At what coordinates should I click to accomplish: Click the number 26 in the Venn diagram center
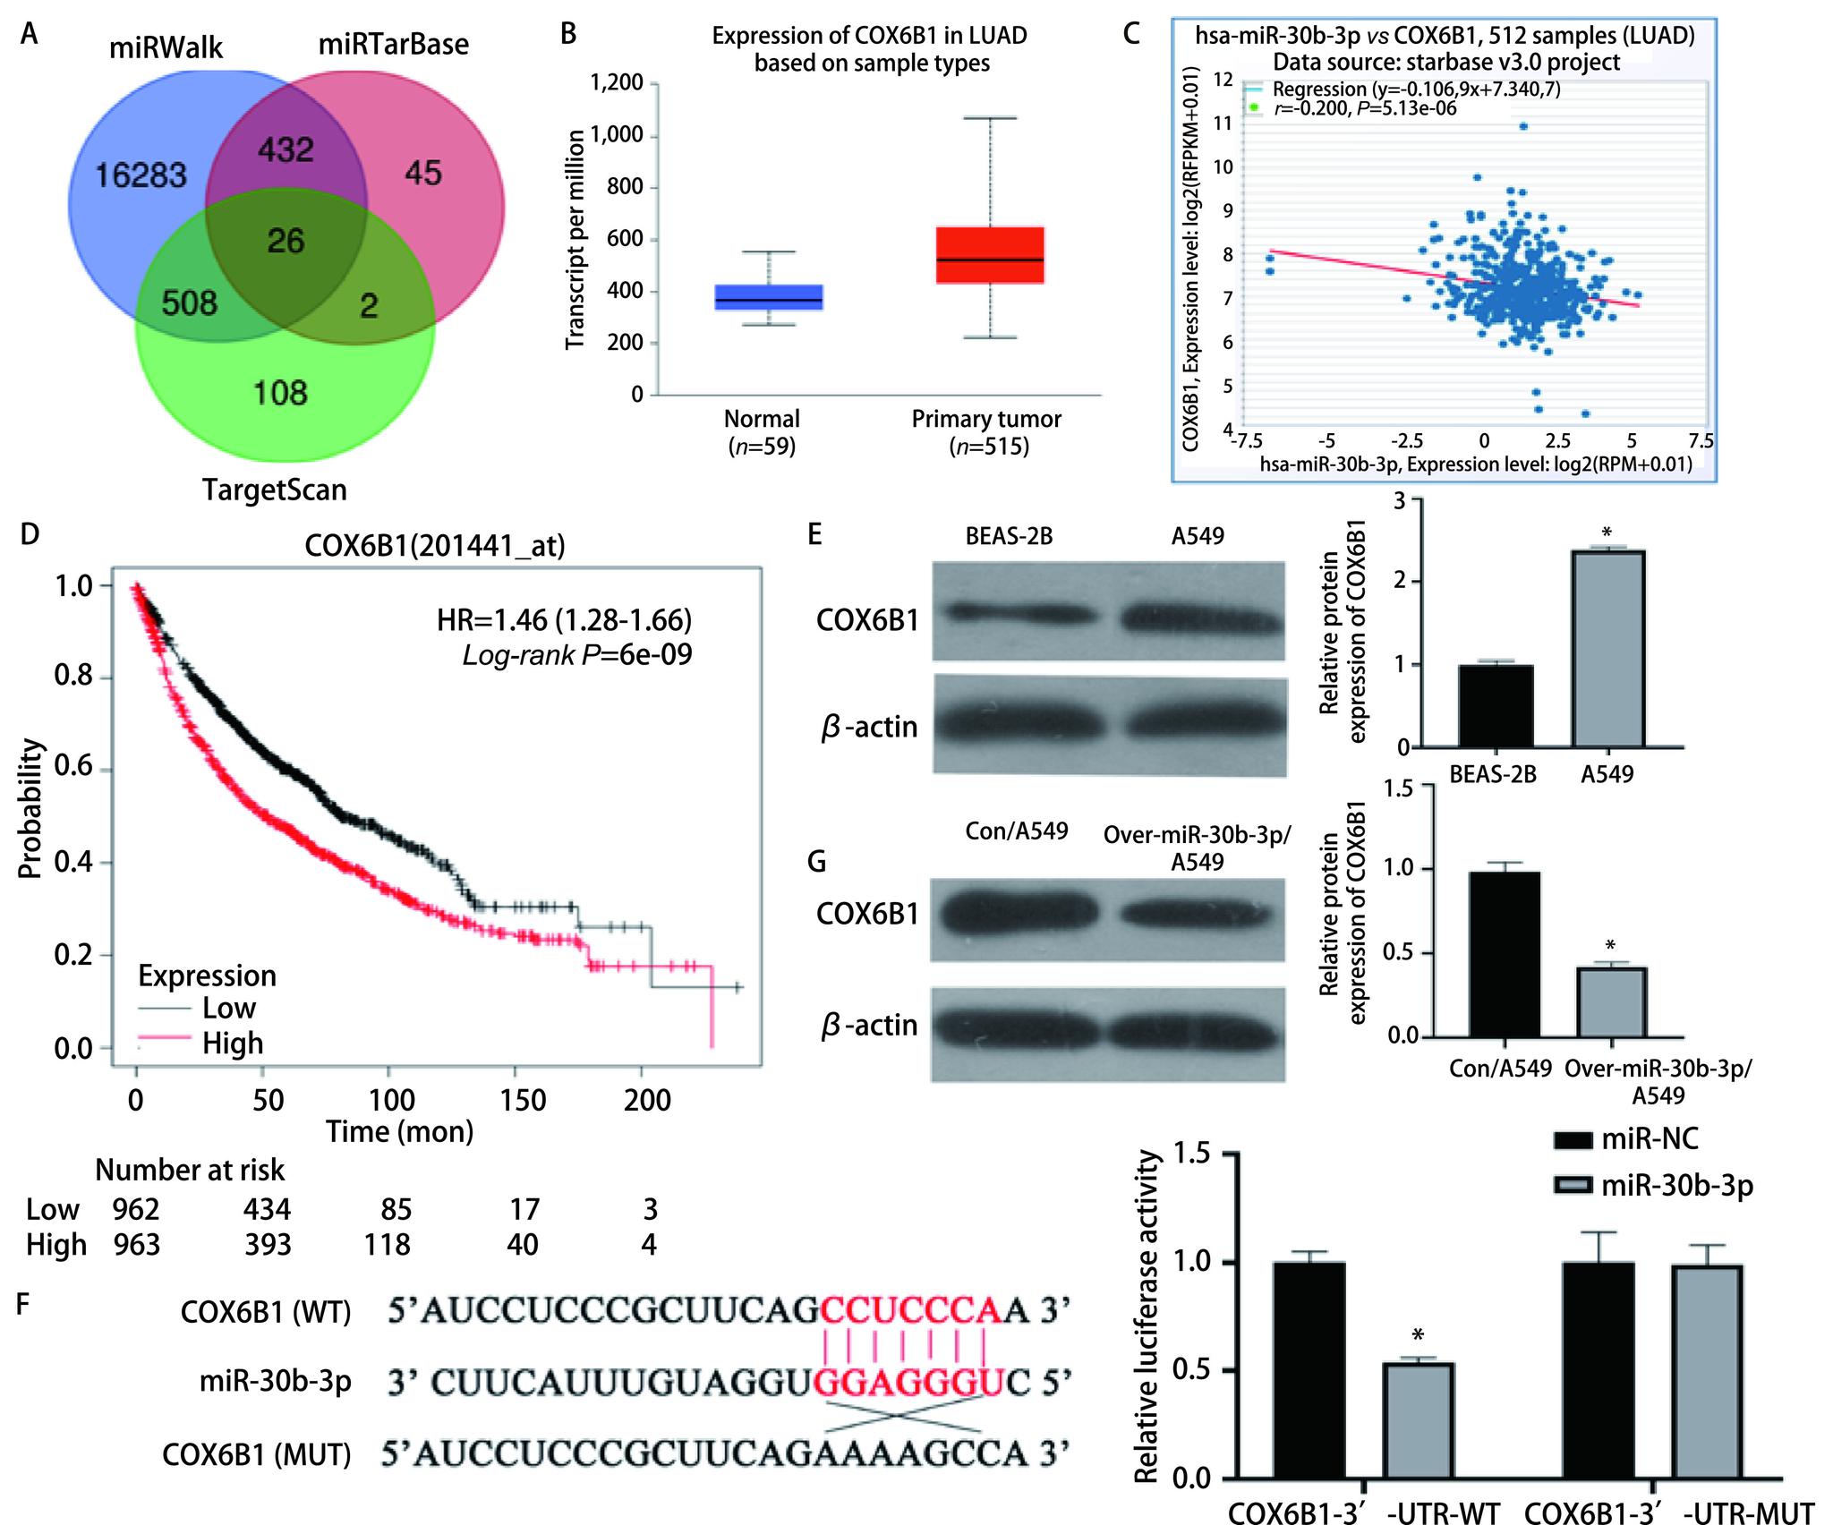click(286, 241)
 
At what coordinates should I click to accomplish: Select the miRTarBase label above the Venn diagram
click(394, 45)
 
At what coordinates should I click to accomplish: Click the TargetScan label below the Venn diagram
click(274, 490)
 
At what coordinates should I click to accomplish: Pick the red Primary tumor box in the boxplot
click(989, 256)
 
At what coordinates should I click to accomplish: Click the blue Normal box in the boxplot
click(769, 297)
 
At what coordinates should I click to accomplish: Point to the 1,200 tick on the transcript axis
click(617, 84)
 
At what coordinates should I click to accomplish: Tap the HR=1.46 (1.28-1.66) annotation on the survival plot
click(564, 620)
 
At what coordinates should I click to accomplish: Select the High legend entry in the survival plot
click(232, 1044)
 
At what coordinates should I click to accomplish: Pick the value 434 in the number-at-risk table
click(267, 1210)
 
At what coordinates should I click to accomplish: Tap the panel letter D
click(30, 535)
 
